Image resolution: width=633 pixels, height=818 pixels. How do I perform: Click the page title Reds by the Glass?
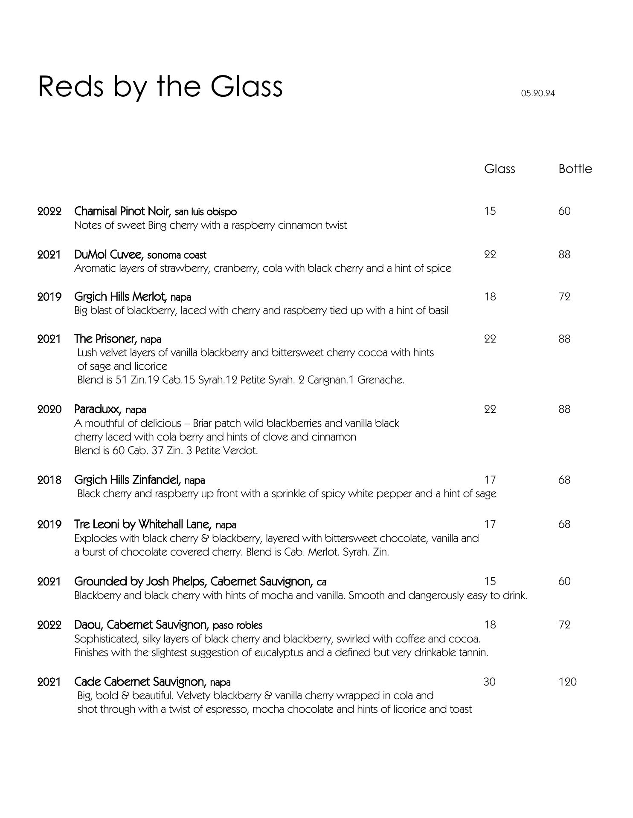coord(160,86)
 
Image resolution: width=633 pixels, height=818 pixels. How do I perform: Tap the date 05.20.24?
coord(538,93)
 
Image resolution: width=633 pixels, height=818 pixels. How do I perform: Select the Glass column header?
coord(499,169)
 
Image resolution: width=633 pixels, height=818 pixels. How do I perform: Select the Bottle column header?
coord(575,169)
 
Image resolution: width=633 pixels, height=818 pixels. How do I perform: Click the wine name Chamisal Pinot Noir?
coord(122,211)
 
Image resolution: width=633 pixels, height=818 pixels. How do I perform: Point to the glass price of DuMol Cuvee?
coord(490,254)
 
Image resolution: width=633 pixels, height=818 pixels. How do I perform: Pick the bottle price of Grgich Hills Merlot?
coord(564,297)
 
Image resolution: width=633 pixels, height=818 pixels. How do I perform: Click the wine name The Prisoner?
coord(105,339)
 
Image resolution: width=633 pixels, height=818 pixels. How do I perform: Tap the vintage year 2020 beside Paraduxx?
coord(49,409)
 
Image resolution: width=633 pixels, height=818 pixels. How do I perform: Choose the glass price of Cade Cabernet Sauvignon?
coord(490,682)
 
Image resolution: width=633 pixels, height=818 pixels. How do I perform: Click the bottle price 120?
coord(567,682)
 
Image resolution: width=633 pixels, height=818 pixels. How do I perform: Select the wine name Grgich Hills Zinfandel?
coord(127,480)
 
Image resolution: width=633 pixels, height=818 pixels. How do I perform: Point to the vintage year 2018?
coord(49,480)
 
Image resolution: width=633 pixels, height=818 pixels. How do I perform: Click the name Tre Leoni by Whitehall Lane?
coord(143,524)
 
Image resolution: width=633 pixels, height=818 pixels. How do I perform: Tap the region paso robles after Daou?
coord(238,625)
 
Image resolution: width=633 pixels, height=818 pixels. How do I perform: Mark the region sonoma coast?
coord(177,255)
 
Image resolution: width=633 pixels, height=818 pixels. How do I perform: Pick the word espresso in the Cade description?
coord(222,709)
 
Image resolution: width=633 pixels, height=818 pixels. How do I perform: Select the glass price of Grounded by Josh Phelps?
coord(490,581)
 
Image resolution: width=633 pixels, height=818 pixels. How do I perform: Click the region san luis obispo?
coord(206,212)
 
